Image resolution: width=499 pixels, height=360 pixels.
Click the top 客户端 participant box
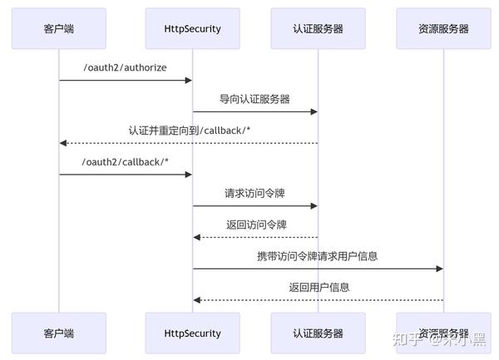click(x=58, y=28)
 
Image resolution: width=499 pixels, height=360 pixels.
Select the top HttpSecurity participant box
click(x=192, y=28)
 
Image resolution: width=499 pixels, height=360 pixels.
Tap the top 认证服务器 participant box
click(x=318, y=28)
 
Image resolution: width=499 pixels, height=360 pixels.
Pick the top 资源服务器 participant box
click(x=443, y=28)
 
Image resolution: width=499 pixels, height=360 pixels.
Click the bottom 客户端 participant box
click(x=58, y=333)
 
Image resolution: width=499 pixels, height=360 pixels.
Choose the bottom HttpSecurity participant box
click(x=192, y=333)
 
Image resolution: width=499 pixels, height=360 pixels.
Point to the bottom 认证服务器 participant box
click(x=318, y=333)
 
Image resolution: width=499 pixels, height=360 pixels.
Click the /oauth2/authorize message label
click(x=125, y=67)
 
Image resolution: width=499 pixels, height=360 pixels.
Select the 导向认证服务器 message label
click(x=254, y=99)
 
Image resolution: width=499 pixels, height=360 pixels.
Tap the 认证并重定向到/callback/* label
click(x=188, y=131)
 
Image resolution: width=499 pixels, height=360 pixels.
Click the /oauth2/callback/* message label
click(x=125, y=161)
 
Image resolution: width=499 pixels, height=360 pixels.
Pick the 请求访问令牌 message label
click(x=254, y=193)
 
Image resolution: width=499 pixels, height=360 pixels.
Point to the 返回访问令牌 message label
click(x=254, y=224)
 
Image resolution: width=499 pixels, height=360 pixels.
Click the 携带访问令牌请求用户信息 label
click(x=318, y=256)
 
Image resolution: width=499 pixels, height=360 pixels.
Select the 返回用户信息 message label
click(x=318, y=287)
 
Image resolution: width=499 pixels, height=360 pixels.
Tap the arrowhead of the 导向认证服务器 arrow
click(x=314, y=111)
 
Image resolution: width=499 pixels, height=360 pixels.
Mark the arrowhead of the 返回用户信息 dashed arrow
click(x=197, y=300)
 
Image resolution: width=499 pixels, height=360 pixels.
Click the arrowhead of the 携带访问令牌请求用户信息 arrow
click(x=439, y=269)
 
